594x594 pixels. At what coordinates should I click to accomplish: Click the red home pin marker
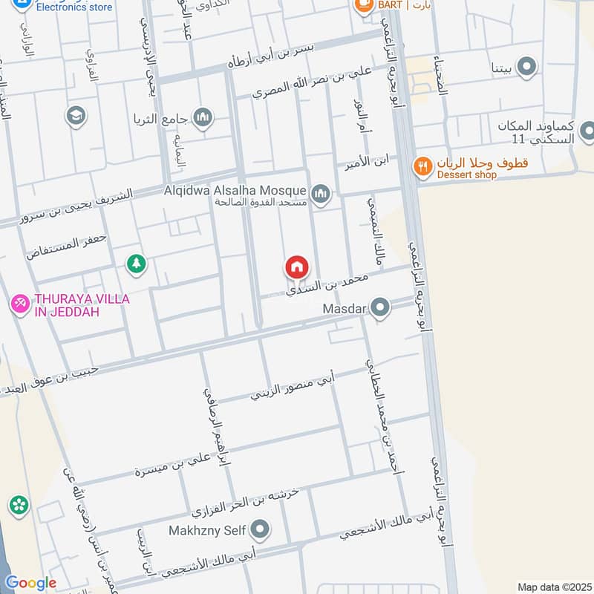pyautogui.click(x=296, y=267)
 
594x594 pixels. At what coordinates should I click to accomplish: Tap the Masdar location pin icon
pyautogui.click(x=381, y=307)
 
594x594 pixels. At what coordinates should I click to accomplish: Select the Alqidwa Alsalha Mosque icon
pyautogui.click(x=321, y=195)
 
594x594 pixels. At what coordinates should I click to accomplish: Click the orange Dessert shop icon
pyautogui.click(x=422, y=167)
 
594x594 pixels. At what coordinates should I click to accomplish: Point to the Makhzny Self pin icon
pyautogui.click(x=260, y=530)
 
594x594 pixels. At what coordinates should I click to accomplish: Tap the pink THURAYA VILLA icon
pyautogui.click(x=19, y=303)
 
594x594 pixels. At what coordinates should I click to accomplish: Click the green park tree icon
pyautogui.click(x=136, y=263)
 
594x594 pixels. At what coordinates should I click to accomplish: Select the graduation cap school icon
pyautogui.click(x=76, y=115)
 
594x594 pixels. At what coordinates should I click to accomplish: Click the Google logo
pyautogui.click(x=30, y=583)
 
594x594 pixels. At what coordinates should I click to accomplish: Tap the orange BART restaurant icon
pyautogui.click(x=364, y=6)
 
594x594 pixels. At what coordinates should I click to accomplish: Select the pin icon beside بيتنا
pyautogui.click(x=527, y=68)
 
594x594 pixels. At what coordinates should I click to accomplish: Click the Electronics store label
pyautogui.click(x=74, y=7)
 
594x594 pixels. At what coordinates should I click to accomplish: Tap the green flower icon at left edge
pyautogui.click(x=19, y=506)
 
